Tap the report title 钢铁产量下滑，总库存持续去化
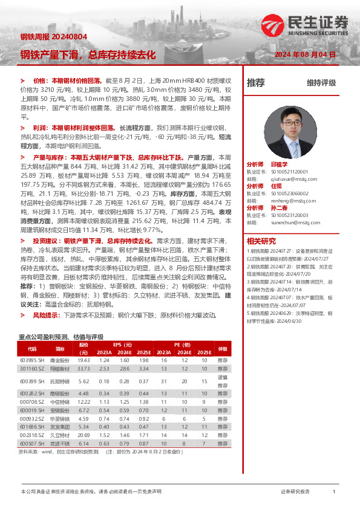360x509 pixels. coord(88,55)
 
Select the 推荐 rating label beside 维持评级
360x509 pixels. coord(256,83)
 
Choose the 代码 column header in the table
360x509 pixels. coord(31,349)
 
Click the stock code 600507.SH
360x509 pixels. coord(31,443)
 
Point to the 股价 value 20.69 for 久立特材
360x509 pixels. coord(84,435)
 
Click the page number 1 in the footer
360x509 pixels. coord(333,491)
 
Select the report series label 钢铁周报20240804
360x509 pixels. coord(54,36)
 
